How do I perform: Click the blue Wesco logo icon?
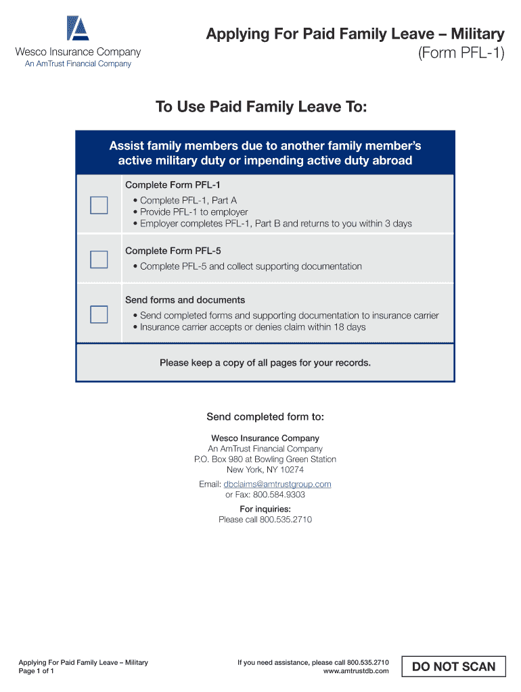coord(78,28)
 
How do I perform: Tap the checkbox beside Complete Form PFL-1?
coord(99,205)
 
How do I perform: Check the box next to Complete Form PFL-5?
coord(99,259)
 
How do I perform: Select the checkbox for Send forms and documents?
coord(99,314)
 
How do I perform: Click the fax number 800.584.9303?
coord(279,495)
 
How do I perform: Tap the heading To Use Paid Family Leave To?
coord(261,107)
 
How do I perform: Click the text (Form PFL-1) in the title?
coord(461,53)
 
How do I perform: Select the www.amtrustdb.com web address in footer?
coord(356,671)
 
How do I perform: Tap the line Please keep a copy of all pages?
coord(265,363)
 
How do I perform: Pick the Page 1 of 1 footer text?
coord(37,671)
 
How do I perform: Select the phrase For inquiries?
coord(265,509)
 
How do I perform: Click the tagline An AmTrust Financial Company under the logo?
coord(78,64)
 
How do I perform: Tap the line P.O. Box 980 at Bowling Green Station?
coord(265,460)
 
